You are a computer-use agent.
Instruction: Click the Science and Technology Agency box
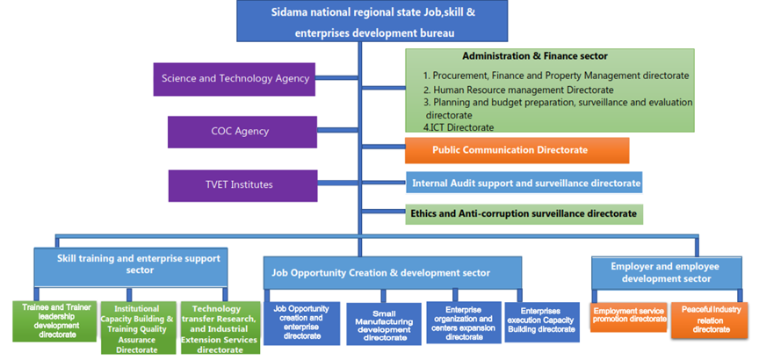coord(235,78)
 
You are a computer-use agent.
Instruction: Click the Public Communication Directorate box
coord(517,150)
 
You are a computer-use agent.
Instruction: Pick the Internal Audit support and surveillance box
coord(524,183)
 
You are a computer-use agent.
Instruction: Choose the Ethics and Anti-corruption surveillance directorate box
coord(524,213)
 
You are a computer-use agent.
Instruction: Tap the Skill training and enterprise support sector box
coord(130,263)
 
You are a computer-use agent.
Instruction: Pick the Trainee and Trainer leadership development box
coord(54,321)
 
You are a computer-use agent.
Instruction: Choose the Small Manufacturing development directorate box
coord(384,325)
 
